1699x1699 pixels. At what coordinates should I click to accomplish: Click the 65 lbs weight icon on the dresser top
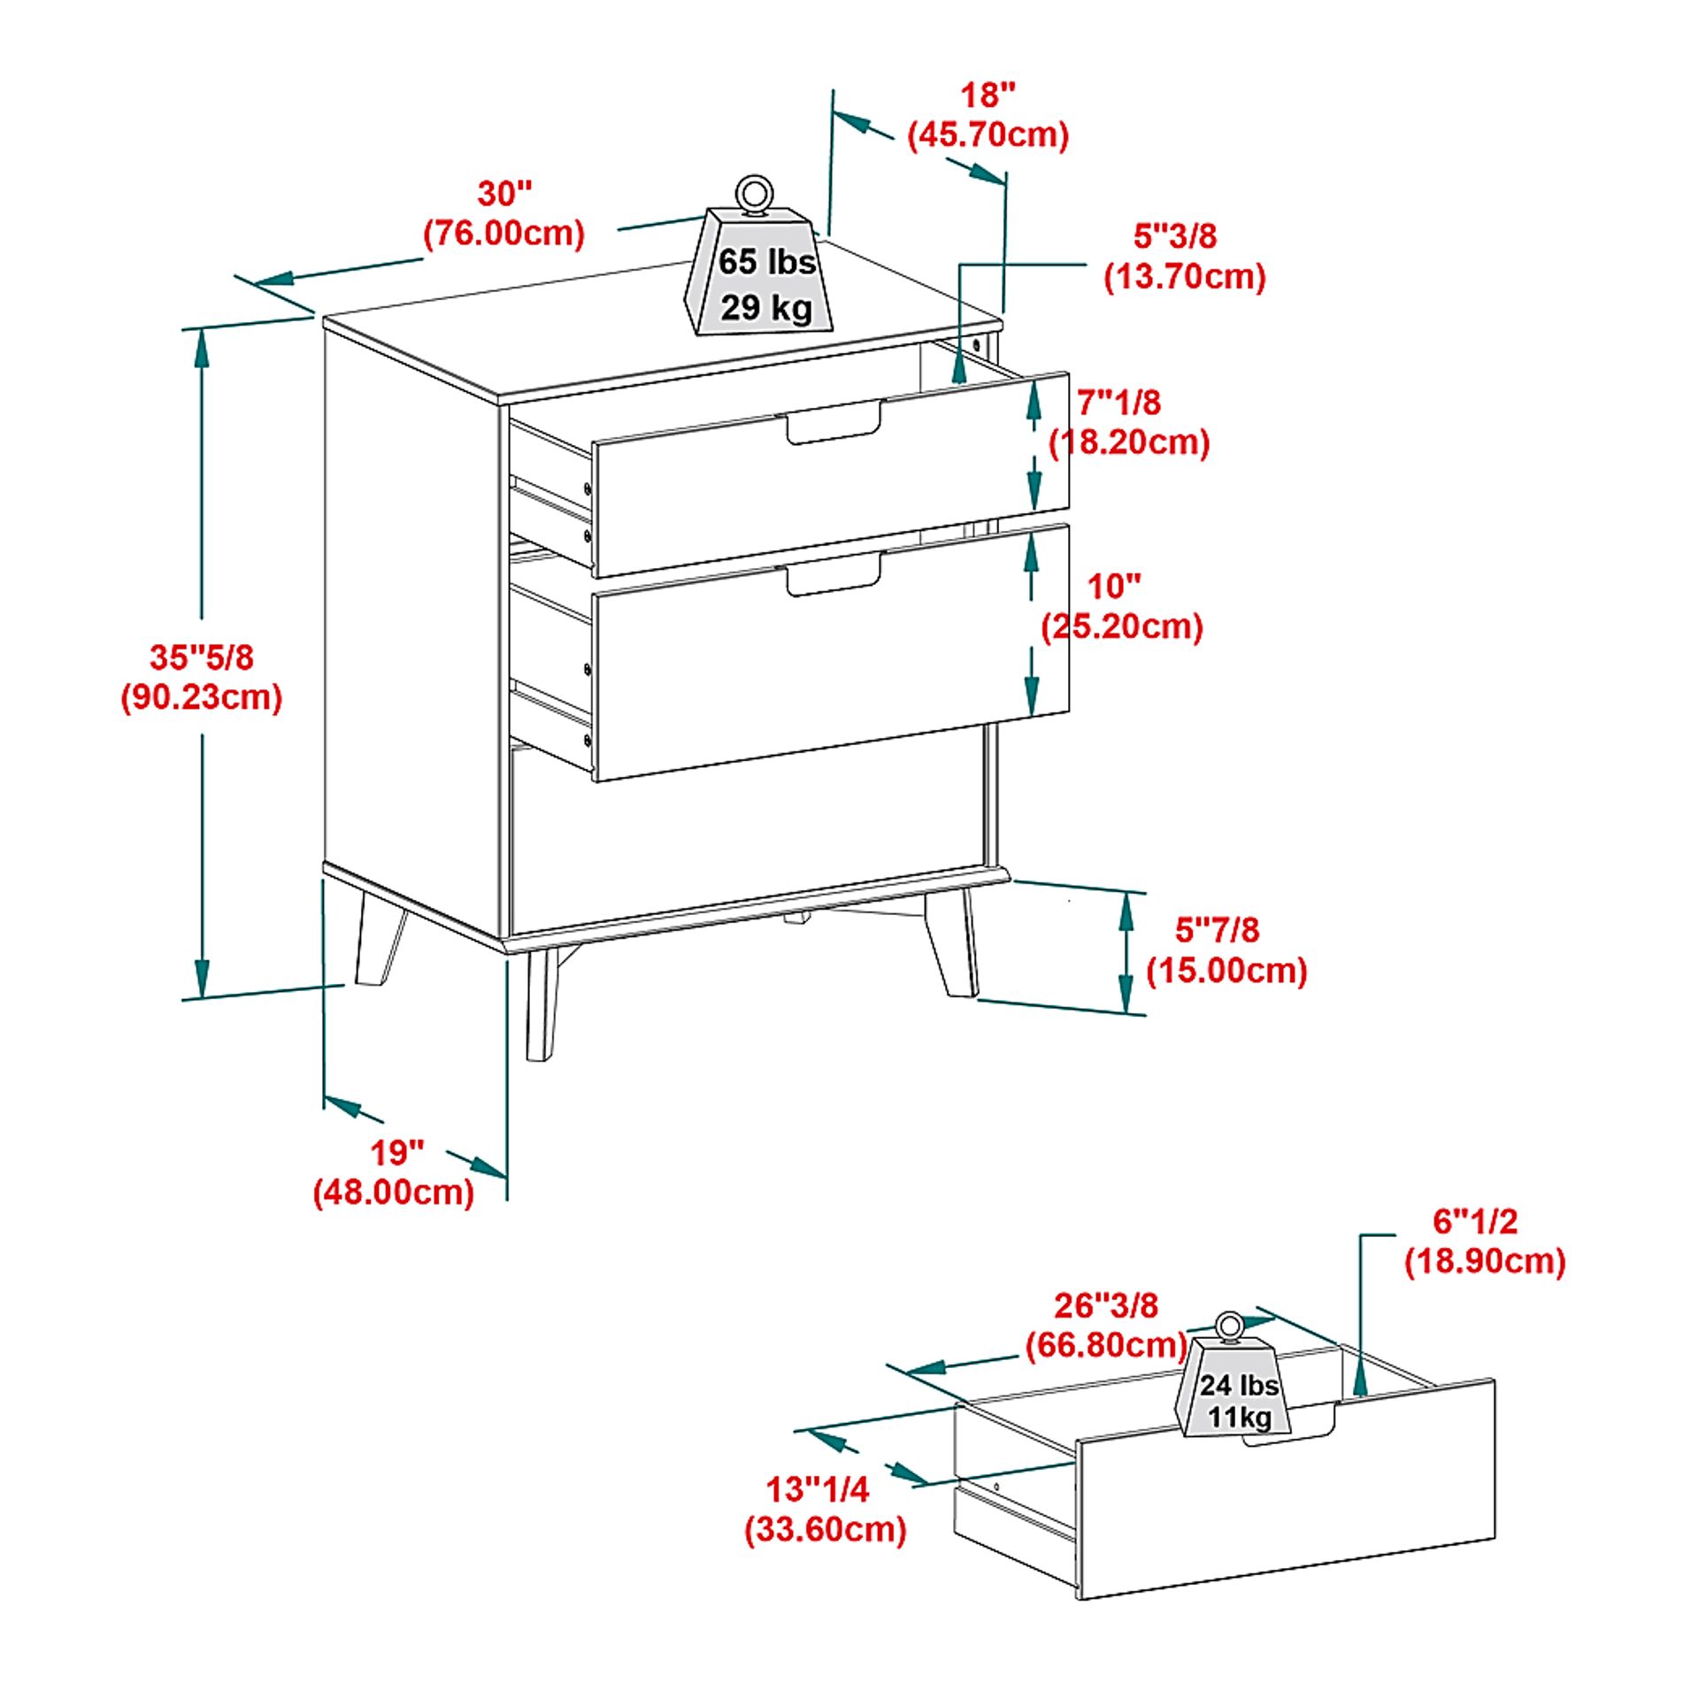[761, 274]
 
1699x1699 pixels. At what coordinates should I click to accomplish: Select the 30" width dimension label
[505, 194]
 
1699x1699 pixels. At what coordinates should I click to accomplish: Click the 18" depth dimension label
[988, 96]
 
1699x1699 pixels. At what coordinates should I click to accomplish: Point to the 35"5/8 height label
[202, 657]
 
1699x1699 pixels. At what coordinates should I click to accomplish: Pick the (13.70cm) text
[1184, 277]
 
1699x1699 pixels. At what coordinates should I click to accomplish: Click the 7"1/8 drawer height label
[1119, 404]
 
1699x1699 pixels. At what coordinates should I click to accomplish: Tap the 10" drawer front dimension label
[1113, 587]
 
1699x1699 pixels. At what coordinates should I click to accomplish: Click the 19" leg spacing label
[396, 1153]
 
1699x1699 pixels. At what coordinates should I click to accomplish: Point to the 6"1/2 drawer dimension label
[1474, 1222]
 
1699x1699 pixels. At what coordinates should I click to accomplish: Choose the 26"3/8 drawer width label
[1105, 1305]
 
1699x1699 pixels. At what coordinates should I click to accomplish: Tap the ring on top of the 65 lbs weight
[753, 194]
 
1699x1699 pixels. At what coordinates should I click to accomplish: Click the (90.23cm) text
[202, 697]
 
